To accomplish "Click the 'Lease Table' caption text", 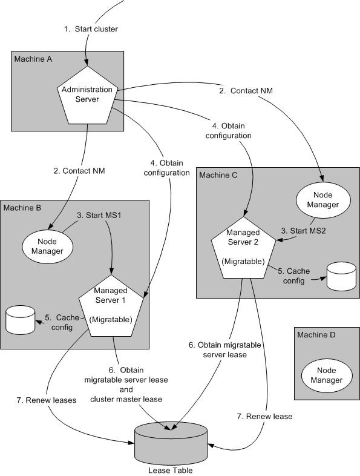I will (170, 469).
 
